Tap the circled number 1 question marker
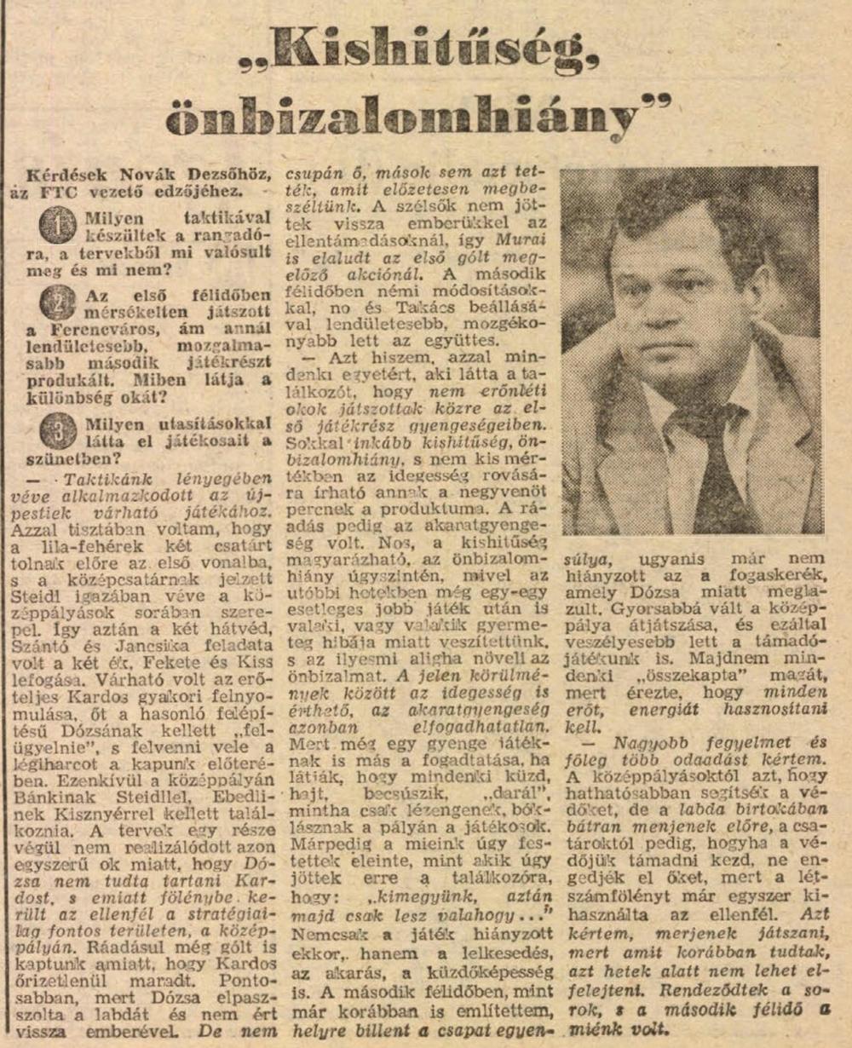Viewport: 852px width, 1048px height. pyautogui.click(x=57, y=224)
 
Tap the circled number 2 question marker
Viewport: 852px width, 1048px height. pyautogui.click(x=57, y=302)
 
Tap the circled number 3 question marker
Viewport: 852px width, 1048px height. pyautogui.click(x=57, y=429)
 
